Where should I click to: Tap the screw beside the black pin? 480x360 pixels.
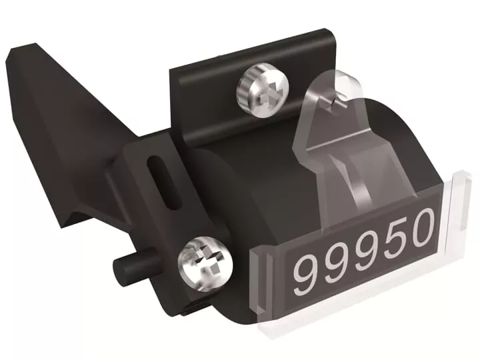(205, 263)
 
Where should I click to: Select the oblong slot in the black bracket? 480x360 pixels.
(164, 183)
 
